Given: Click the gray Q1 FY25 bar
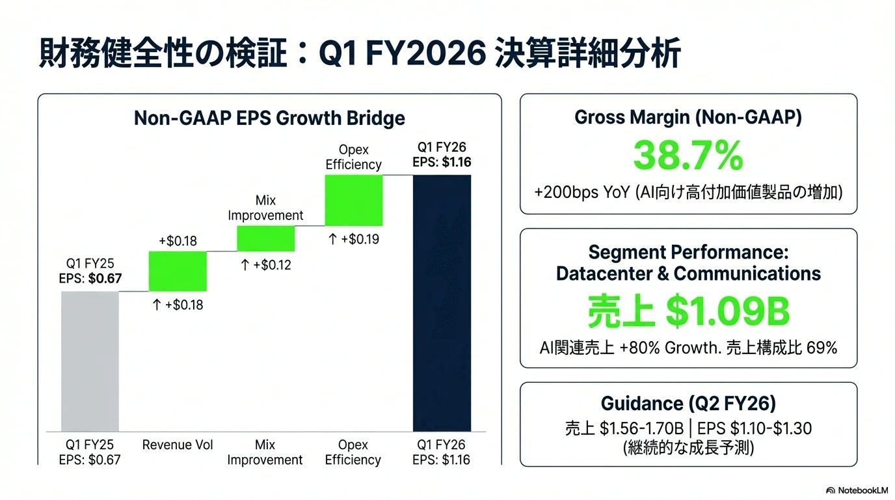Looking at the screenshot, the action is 90,361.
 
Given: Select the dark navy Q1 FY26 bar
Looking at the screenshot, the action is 442,303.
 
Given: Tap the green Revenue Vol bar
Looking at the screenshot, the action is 178,271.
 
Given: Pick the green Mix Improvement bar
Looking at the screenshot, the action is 265,238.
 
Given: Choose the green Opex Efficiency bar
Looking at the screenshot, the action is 354,201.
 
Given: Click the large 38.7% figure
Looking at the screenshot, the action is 688,156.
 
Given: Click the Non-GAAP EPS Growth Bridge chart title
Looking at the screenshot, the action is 269,118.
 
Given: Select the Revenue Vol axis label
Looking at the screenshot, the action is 178,445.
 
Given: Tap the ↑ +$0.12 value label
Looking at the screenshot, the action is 265,265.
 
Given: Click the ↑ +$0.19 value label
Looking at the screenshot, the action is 354,239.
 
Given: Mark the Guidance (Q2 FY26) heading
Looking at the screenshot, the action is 688,403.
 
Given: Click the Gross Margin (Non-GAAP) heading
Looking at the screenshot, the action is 688,117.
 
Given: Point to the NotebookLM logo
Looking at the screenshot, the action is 857,490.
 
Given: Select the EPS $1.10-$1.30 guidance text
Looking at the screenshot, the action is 755,428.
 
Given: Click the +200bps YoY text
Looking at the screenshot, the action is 582,193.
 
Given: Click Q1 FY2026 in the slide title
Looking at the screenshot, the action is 403,53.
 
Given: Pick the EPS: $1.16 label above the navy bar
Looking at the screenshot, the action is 442,162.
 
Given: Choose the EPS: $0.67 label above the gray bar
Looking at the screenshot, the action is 90,278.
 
